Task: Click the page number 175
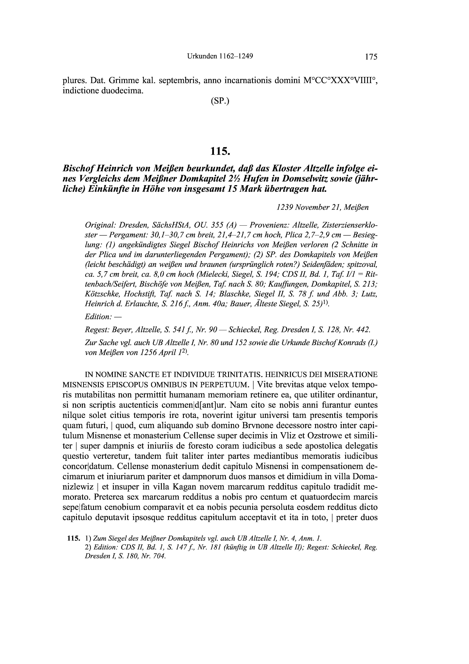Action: tap(371, 57)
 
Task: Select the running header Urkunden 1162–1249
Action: tap(220, 56)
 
